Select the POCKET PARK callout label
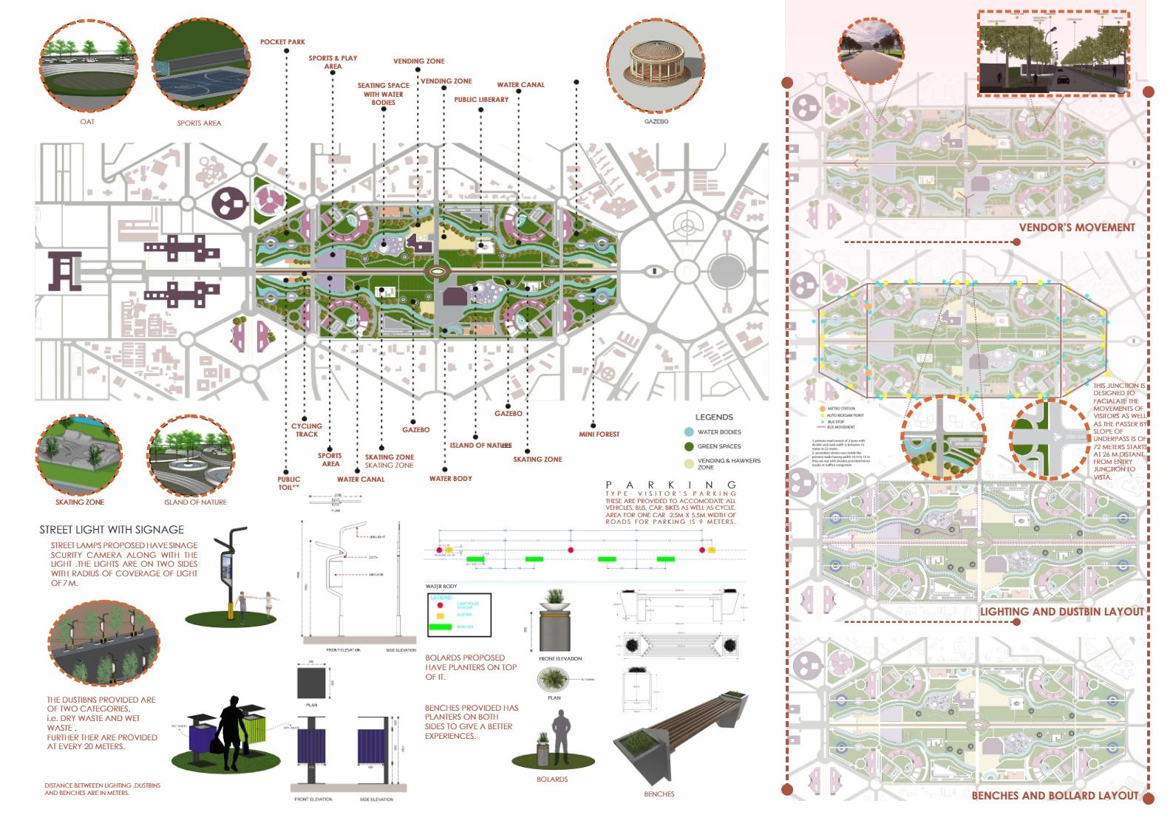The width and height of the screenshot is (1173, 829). pos(282,42)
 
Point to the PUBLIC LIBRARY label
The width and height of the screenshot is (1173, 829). pos(481,100)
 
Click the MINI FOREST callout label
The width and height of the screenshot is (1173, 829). pos(599,434)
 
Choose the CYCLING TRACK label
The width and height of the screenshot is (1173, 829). pos(307,429)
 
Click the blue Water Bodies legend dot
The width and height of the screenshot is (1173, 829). pos(689,432)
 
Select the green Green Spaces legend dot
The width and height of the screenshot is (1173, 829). pos(689,446)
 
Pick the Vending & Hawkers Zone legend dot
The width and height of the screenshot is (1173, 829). pos(689,463)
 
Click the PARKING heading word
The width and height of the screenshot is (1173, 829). pos(670,485)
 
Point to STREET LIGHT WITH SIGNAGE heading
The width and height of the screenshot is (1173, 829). pos(112,530)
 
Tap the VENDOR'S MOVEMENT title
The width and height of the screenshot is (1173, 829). pos(1076,228)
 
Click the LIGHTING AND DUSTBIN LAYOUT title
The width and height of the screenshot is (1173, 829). pos(1061,612)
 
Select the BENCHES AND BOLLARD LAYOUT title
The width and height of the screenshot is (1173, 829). pos(1055,796)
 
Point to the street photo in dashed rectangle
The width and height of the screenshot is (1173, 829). pos(1053,53)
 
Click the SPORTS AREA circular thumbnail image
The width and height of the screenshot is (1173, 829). pos(200,67)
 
